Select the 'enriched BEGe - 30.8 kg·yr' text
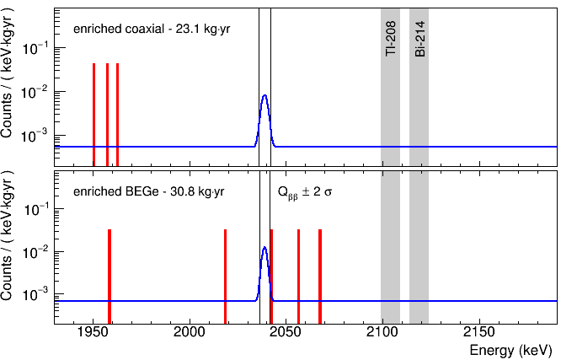pyautogui.click(x=148, y=191)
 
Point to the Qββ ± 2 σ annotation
pyautogui.click(x=305, y=192)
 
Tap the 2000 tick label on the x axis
pyautogui.click(x=190, y=331)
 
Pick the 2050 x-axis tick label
pyautogui.click(x=286, y=331)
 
